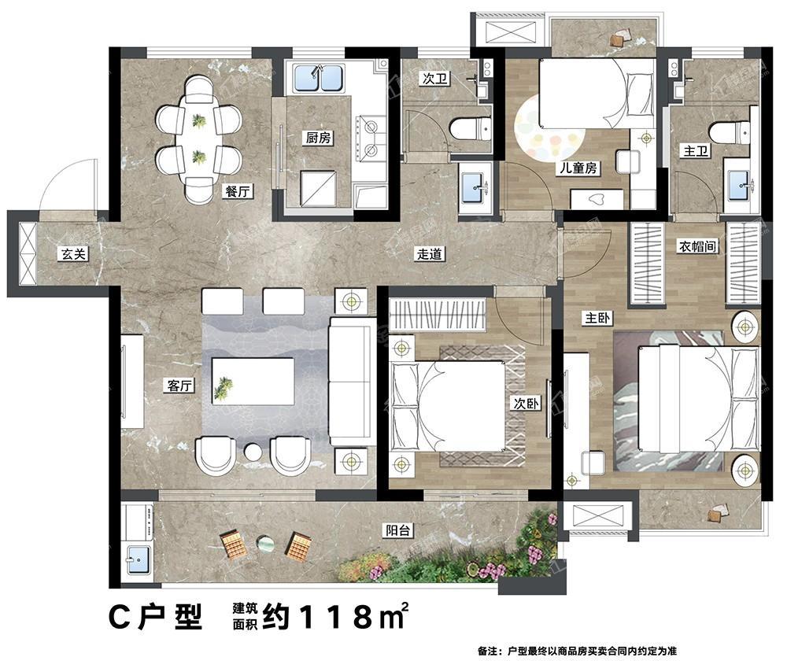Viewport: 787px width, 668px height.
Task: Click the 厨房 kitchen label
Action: (x=319, y=137)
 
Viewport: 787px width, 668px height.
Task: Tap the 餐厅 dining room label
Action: (x=237, y=191)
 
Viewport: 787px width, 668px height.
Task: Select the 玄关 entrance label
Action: (x=74, y=253)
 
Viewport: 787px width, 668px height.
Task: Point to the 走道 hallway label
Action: (x=430, y=253)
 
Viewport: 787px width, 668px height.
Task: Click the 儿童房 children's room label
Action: (x=578, y=168)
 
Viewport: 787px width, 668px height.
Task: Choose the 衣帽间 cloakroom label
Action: (x=697, y=246)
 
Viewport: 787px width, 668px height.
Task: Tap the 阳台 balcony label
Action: (x=398, y=530)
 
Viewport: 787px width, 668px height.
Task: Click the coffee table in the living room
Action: (x=253, y=382)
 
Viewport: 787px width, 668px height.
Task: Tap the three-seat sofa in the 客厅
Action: (x=353, y=382)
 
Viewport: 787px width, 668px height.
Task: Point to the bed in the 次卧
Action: (x=448, y=405)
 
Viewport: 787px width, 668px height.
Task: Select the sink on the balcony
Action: (x=138, y=559)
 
